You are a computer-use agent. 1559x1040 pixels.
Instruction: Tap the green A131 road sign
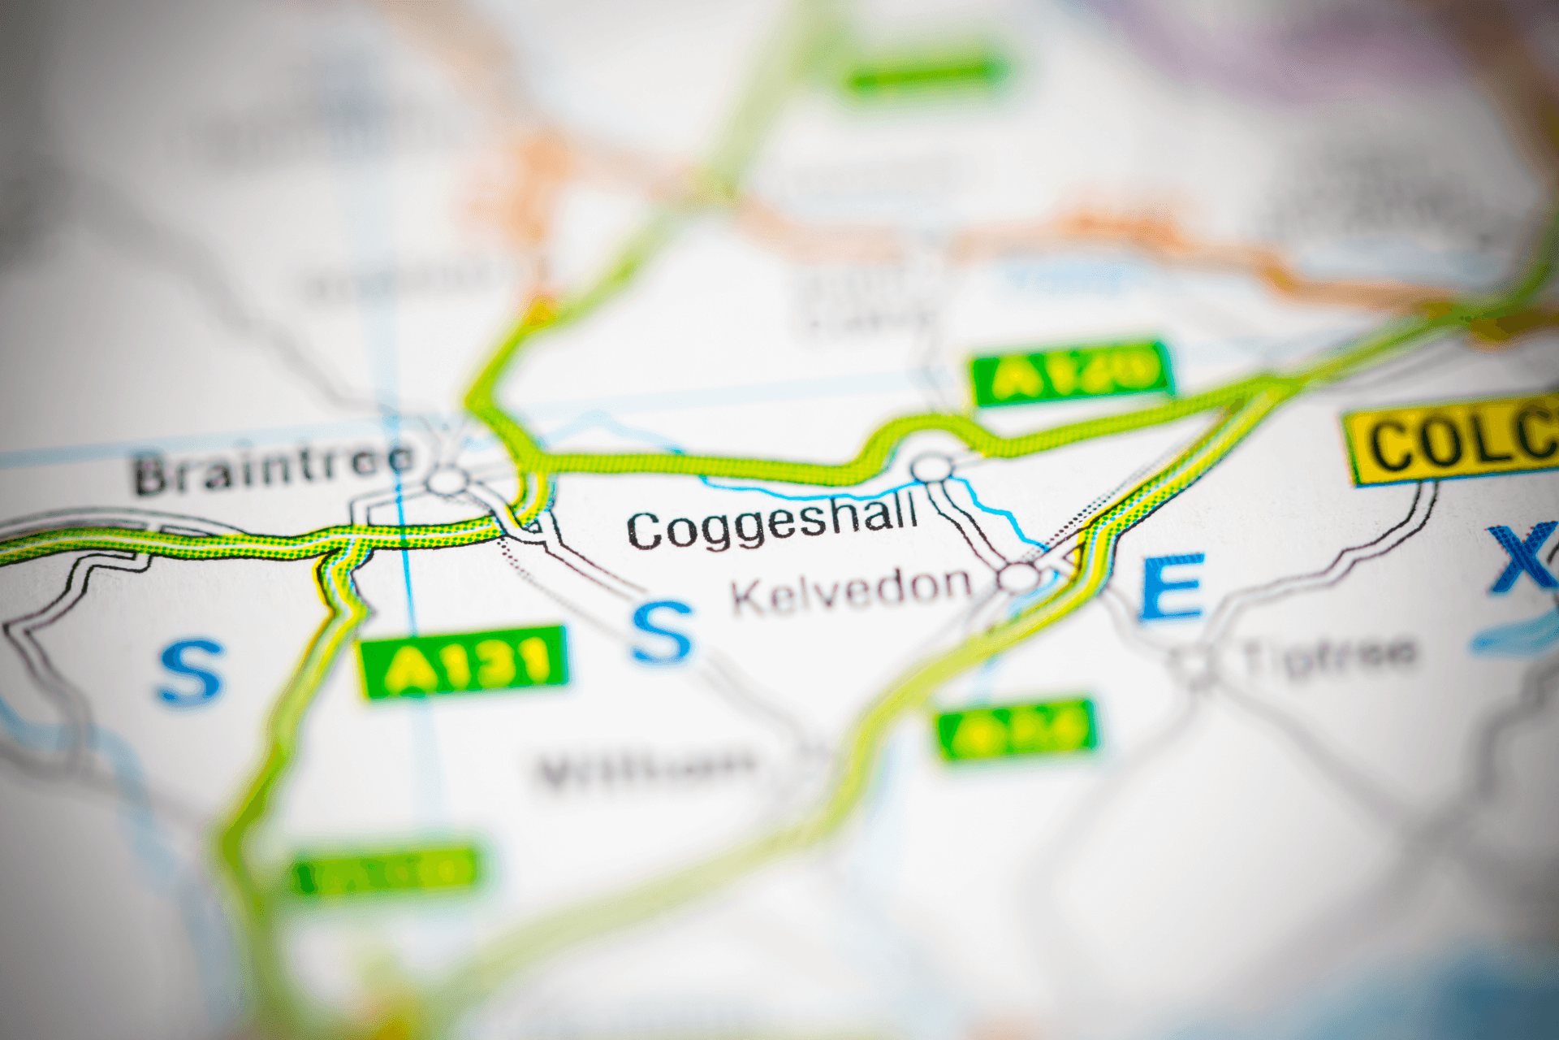(x=464, y=662)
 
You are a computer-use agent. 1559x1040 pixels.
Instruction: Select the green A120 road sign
(x=1072, y=373)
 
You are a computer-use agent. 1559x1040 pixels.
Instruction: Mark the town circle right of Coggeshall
(x=932, y=469)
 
